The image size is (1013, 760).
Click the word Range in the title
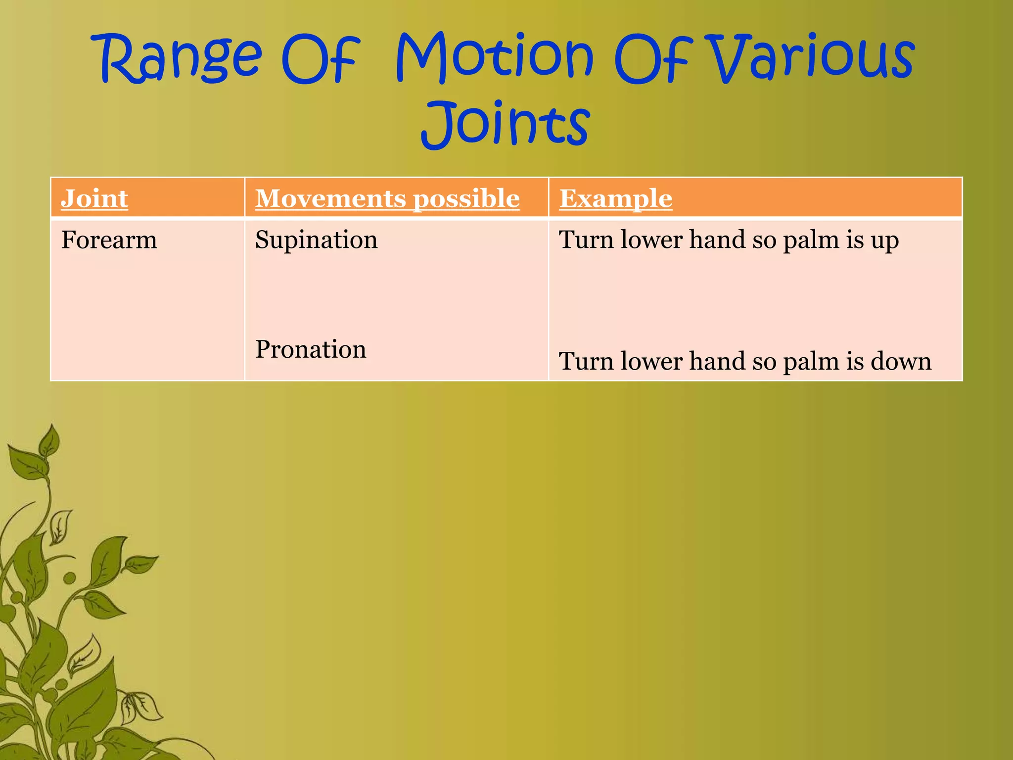pos(181,58)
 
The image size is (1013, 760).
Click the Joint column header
pos(94,198)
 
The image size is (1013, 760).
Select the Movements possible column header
pos(387,198)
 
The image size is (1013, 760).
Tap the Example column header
pos(615,198)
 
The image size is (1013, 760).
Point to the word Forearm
pos(109,240)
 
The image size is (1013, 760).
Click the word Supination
pos(316,240)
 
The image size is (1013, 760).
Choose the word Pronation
pos(311,349)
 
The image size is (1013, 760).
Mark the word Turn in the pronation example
pos(586,361)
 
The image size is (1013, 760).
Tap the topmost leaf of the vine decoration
pos(49,440)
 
